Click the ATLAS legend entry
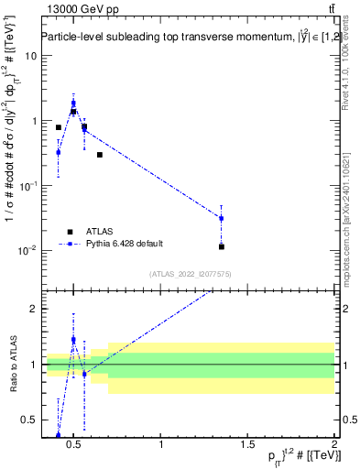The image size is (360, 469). pos(97,232)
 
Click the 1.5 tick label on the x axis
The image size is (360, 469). pos(247,445)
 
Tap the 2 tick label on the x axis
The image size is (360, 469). pos(334,445)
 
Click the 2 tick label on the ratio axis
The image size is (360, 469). pos(32,309)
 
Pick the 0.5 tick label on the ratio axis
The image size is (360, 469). pos(28,420)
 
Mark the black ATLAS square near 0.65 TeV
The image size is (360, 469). pos(100,155)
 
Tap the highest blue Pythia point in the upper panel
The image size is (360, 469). pos(73,104)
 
